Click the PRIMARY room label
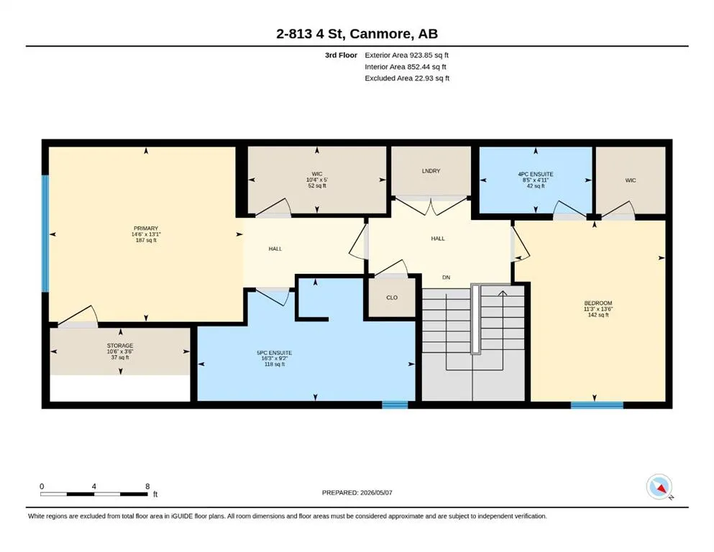(x=146, y=229)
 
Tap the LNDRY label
(x=431, y=171)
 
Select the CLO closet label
(x=392, y=298)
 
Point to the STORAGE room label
(x=120, y=346)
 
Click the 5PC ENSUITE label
(x=275, y=353)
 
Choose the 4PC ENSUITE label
(x=536, y=174)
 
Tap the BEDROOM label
(x=598, y=303)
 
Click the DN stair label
(x=447, y=277)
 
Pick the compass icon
(x=659, y=487)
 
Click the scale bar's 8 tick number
(x=147, y=486)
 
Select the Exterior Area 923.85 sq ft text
(x=407, y=55)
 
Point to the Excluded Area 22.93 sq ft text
(x=407, y=78)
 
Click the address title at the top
(x=357, y=34)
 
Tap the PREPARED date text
(x=357, y=492)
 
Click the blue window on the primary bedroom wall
(x=45, y=234)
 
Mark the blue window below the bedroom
(x=597, y=405)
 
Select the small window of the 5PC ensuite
(x=395, y=405)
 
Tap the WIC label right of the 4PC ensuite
(x=630, y=180)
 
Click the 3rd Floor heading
(x=341, y=55)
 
